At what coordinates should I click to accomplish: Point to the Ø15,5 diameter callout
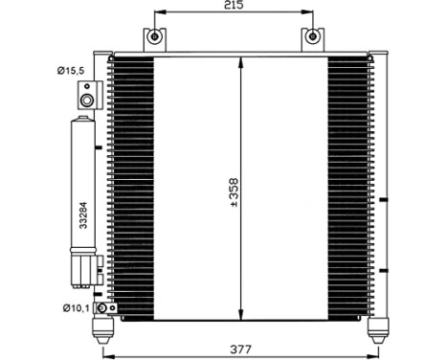click(x=70, y=71)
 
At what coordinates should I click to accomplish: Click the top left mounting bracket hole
click(x=152, y=38)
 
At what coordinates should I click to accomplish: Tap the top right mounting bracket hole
click(x=312, y=38)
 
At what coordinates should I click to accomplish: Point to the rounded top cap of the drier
click(x=83, y=122)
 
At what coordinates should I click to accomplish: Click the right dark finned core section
click(x=350, y=188)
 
